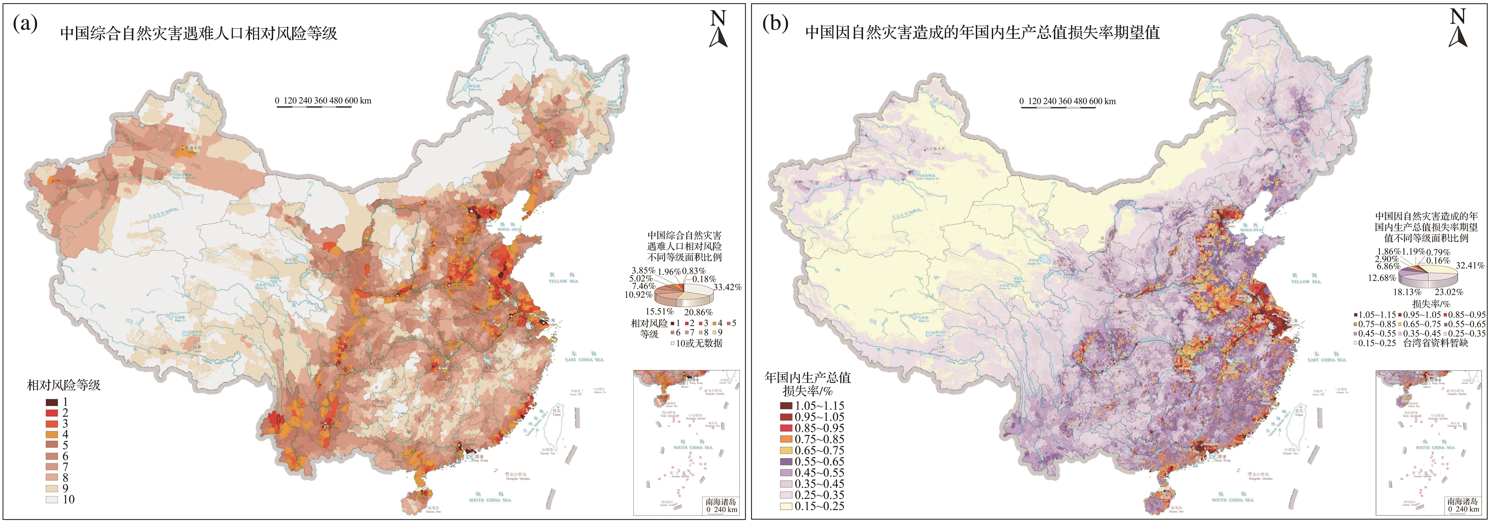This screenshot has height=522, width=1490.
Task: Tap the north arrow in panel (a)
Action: pyautogui.click(x=718, y=29)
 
